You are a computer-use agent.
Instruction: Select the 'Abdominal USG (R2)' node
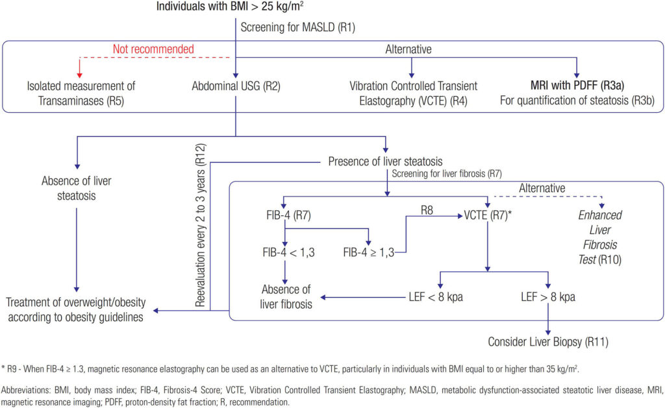[x=236, y=86]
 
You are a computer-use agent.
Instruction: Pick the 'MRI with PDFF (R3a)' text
[x=578, y=86]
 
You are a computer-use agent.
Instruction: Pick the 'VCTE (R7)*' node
[x=489, y=215]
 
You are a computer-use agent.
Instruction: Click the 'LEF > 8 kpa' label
[x=549, y=298]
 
